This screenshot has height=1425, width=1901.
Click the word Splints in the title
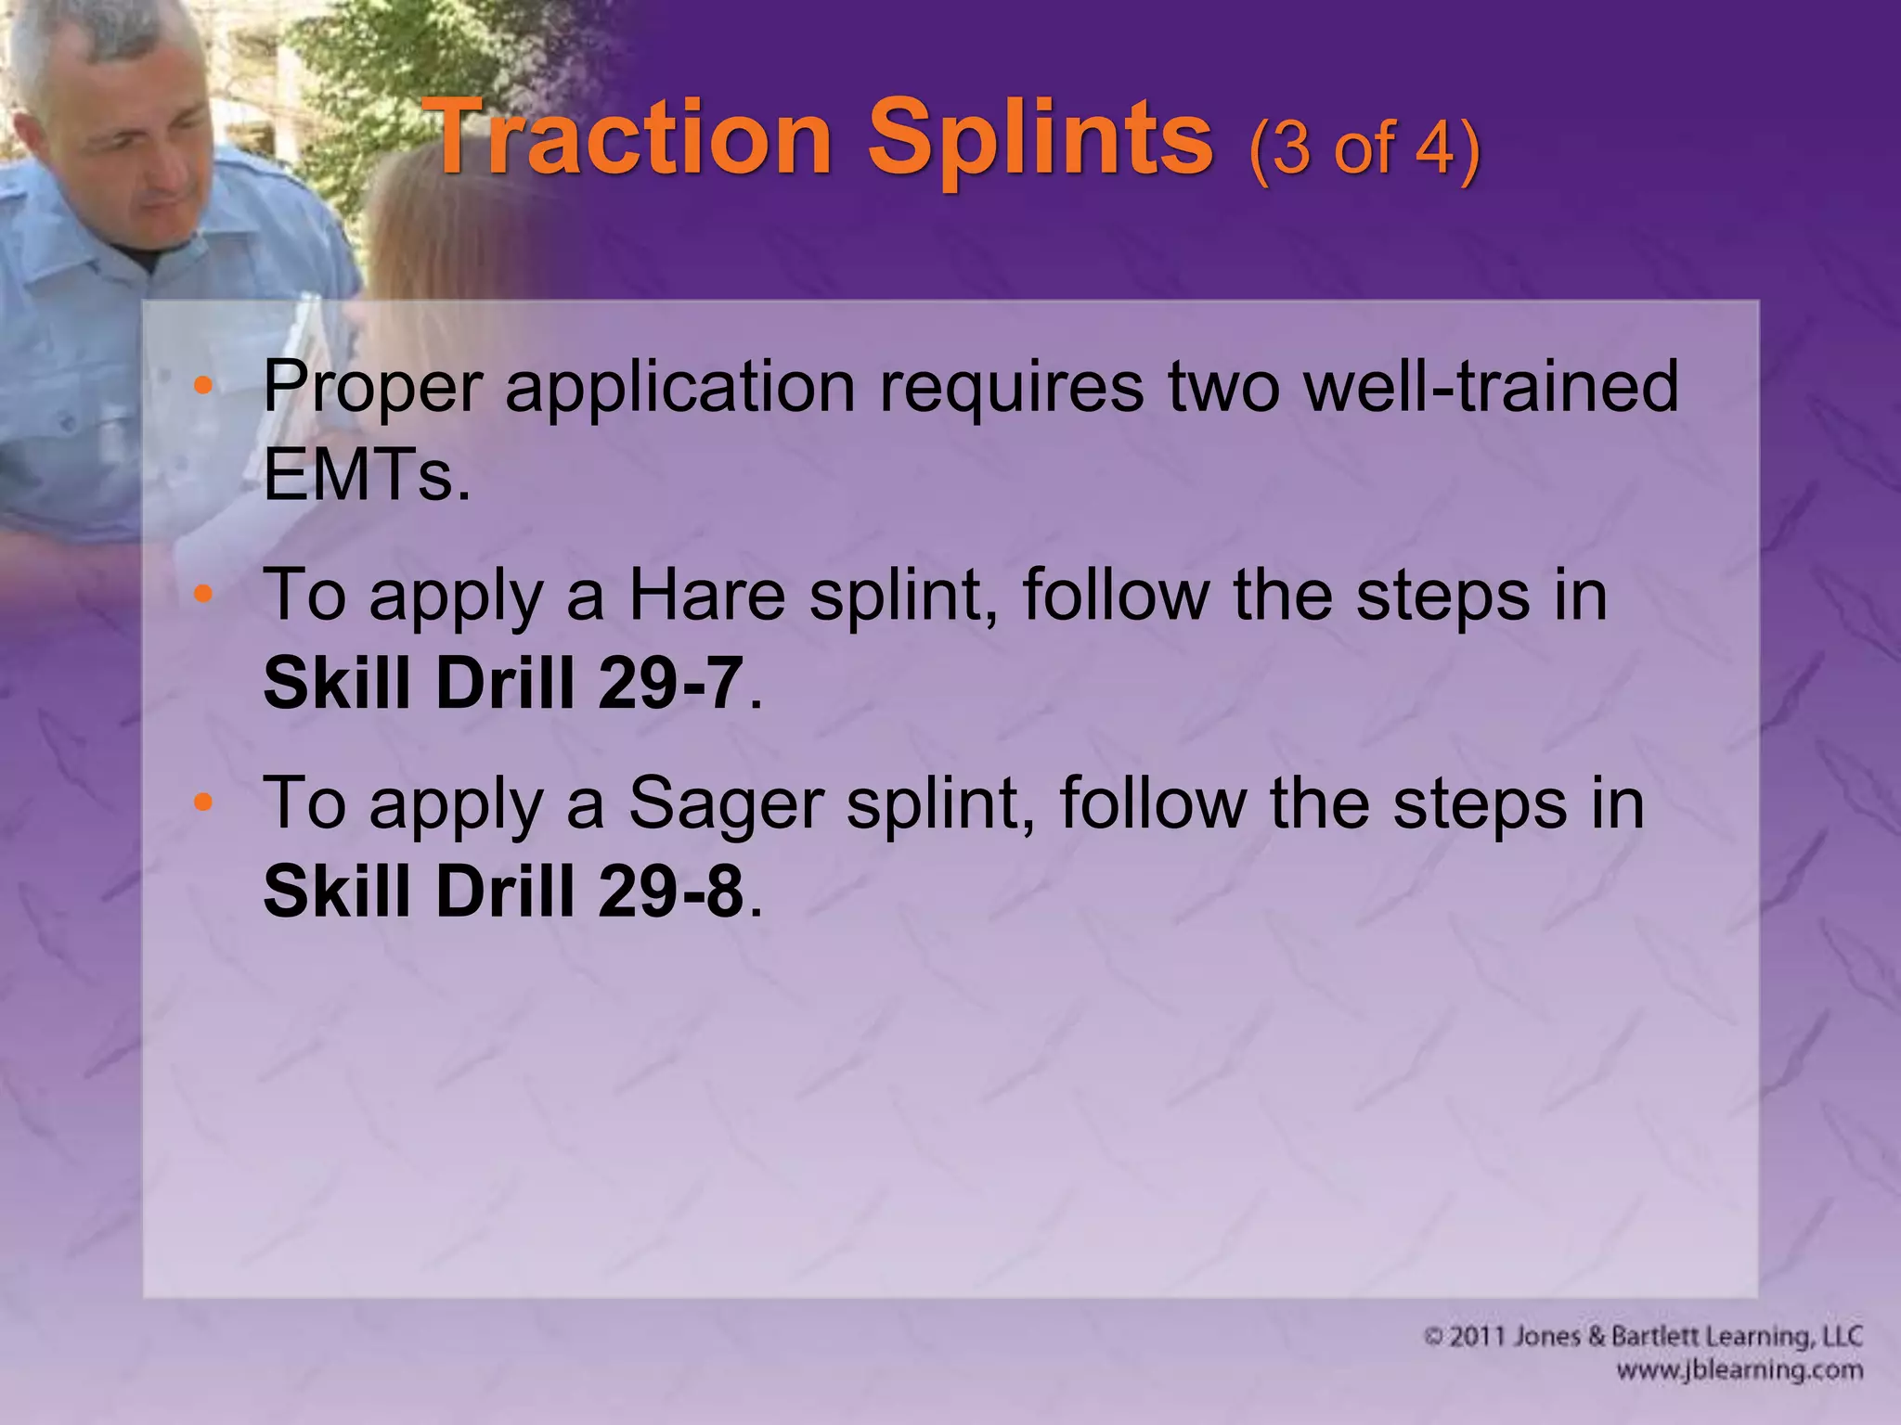(1040, 139)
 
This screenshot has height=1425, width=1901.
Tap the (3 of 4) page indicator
(1364, 148)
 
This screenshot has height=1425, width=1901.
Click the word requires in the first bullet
(1013, 388)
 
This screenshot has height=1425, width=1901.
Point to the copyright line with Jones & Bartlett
(1643, 1337)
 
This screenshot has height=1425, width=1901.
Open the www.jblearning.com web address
(1739, 1370)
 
